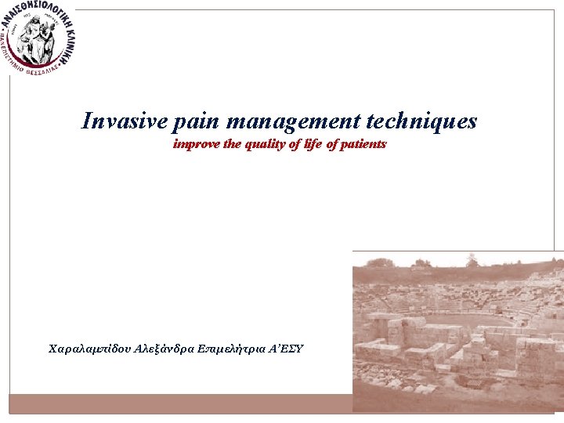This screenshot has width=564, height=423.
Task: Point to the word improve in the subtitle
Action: [x=196, y=145]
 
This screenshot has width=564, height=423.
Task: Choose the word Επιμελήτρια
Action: [x=233, y=347]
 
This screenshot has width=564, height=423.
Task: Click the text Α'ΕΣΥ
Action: [x=287, y=347]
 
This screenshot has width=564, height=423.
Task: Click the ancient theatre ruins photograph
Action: [x=458, y=329]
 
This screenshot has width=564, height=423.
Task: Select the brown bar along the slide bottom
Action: [x=180, y=403]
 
